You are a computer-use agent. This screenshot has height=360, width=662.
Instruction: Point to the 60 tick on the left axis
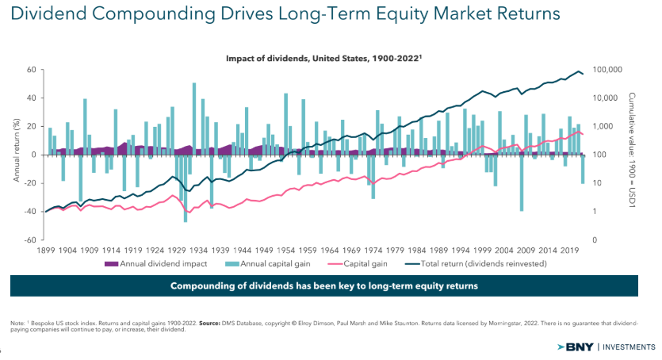33,70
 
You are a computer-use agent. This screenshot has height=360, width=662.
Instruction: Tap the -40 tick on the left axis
32,212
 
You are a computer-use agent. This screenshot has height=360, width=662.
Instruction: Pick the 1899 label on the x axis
46,248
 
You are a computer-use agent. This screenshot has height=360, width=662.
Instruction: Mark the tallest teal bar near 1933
194,119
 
